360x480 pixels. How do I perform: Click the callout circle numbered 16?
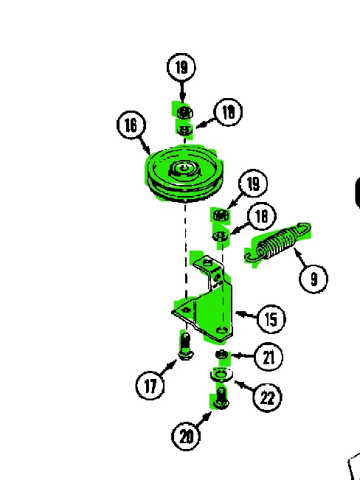131,125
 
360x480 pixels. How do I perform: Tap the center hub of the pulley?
181,170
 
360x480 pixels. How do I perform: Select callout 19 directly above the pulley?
181,68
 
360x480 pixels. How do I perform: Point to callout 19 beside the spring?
253,184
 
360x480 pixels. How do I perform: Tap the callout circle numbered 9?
314,279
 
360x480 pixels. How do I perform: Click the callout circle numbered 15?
271,319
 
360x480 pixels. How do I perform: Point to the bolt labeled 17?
185,344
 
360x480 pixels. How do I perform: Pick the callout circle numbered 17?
150,384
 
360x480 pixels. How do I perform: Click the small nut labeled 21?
221,357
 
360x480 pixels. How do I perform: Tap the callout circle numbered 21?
269,358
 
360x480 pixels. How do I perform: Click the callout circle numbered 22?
266,397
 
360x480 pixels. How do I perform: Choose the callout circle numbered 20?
186,436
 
